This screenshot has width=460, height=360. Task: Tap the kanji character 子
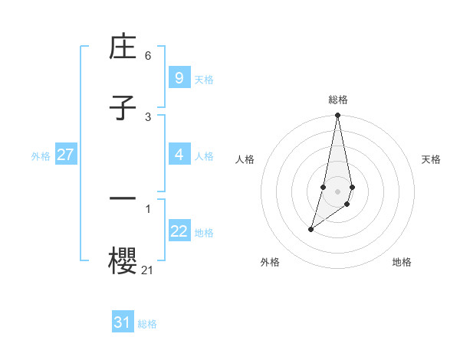(123, 109)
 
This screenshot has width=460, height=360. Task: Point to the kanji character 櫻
(123, 259)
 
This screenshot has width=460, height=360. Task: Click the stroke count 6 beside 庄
(148, 56)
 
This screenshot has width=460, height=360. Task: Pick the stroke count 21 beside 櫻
(148, 269)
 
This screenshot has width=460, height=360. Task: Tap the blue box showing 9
(179, 77)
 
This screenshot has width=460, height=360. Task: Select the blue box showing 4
(179, 155)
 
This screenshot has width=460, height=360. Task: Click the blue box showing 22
(179, 232)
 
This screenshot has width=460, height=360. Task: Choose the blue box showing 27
(65, 155)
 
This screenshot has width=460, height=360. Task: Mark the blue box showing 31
(122, 322)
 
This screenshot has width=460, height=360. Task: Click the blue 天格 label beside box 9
(204, 79)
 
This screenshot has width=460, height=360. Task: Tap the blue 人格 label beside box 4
(204, 156)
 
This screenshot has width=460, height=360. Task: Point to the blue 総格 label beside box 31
(147, 324)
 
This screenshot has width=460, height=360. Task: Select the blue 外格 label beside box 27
(41, 156)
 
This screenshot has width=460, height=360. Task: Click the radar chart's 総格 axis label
(338, 100)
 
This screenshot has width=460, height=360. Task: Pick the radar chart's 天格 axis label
(431, 159)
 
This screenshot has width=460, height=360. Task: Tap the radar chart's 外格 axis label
(270, 262)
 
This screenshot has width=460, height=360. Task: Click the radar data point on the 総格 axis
(338, 116)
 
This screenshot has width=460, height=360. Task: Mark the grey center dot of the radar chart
(338, 191)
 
